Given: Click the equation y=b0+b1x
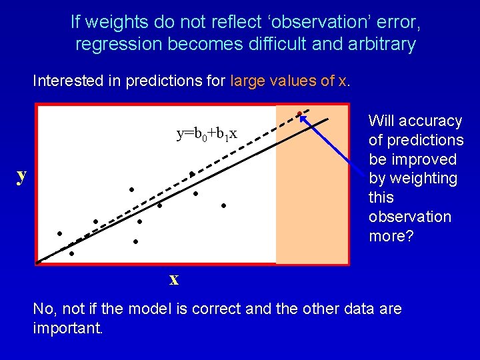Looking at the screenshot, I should [x=206, y=134].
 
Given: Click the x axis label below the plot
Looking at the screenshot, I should [x=174, y=279].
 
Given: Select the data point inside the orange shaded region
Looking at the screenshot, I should [x=299, y=113].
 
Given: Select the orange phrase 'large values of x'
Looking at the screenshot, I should [x=289, y=81].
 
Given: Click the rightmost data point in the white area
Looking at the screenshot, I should [x=224, y=206].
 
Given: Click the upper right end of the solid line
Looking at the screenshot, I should [x=328, y=119].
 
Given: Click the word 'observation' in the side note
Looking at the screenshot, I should [x=409, y=217].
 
